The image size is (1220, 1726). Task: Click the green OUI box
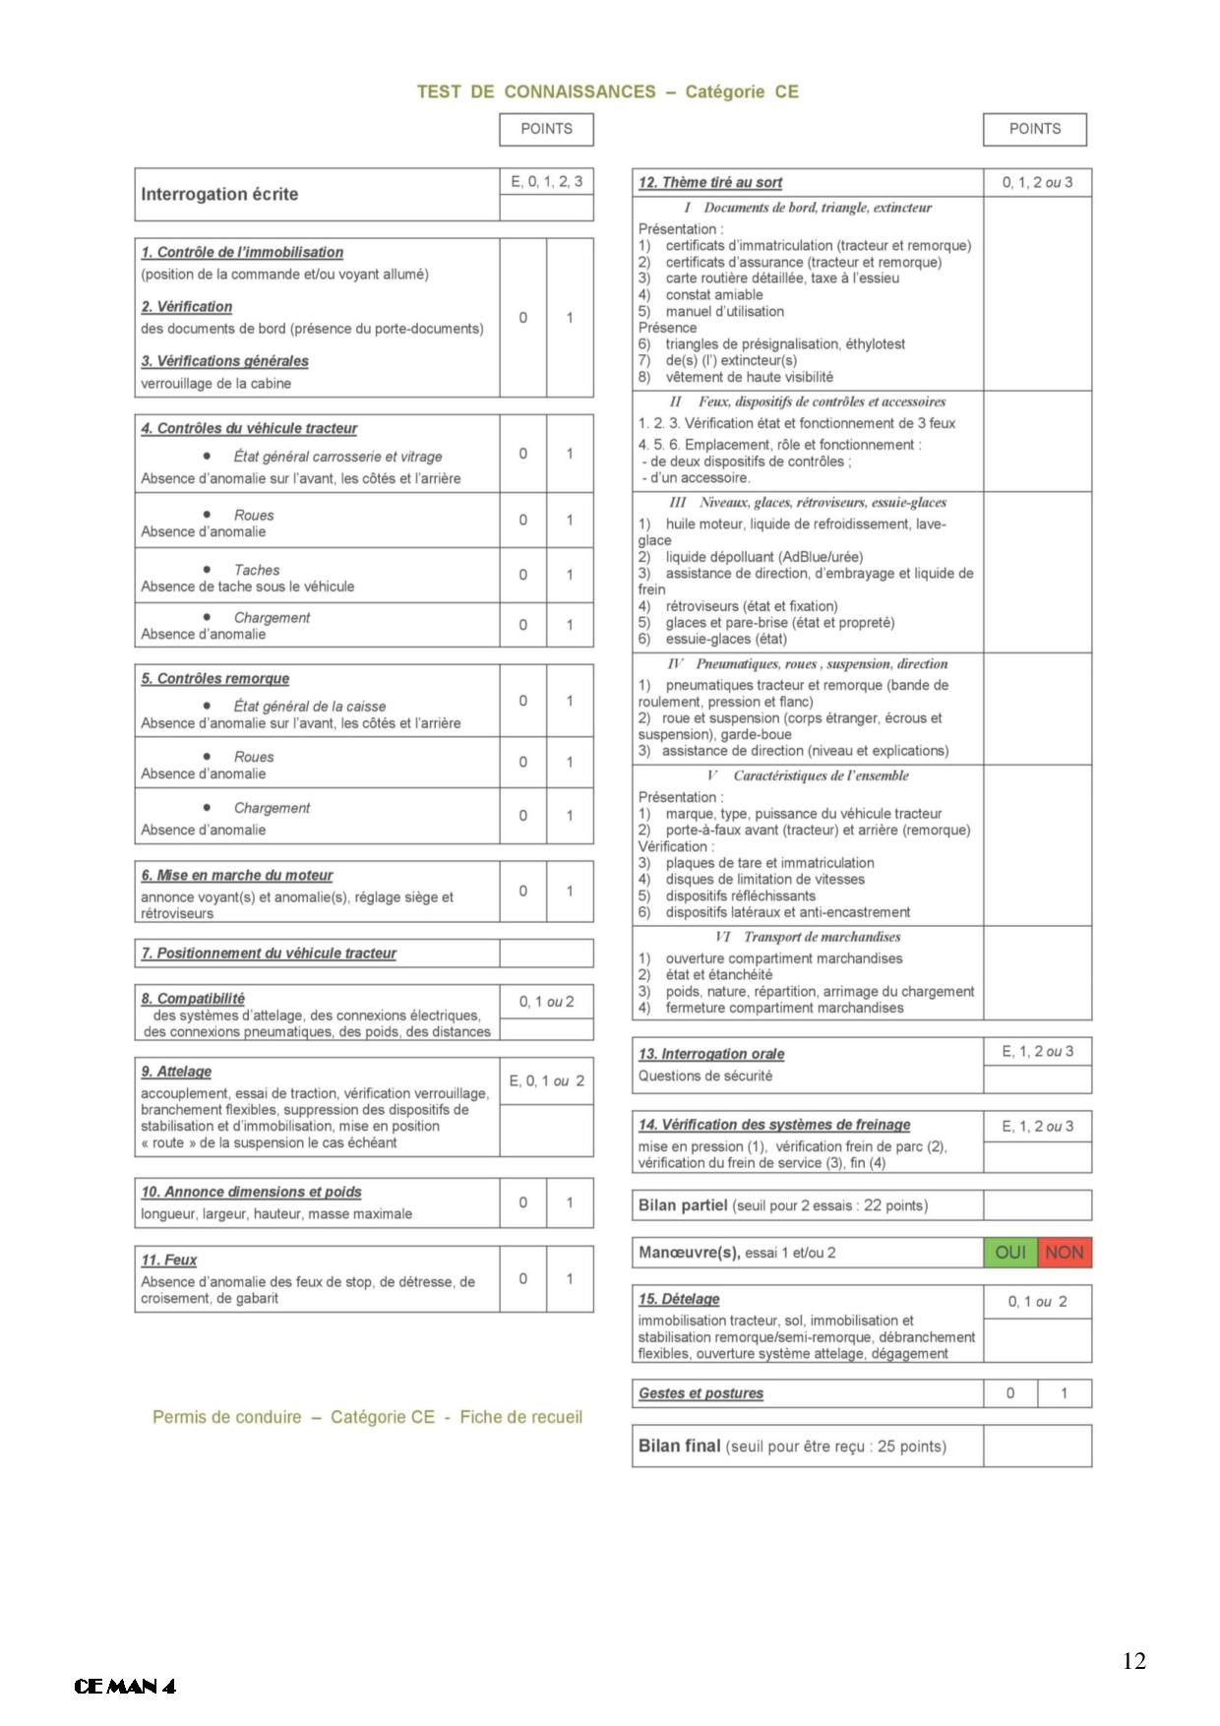point(1010,1253)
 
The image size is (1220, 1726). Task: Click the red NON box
point(1065,1253)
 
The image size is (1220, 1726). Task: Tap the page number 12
point(1133,1661)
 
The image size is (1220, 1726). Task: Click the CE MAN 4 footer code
point(125,1687)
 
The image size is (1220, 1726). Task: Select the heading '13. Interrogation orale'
point(711,1054)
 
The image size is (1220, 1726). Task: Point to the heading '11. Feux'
point(168,1260)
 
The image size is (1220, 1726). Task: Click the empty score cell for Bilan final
point(1037,1447)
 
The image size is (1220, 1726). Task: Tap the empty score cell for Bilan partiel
point(1037,1205)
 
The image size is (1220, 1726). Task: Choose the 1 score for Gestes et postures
point(1064,1393)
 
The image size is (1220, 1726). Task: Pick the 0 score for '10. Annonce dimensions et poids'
point(522,1202)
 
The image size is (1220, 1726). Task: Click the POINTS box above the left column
point(546,129)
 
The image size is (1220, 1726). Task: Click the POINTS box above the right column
point(1035,129)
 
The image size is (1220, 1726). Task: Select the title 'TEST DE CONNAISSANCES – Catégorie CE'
point(608,92)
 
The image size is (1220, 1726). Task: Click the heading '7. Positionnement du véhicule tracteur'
point(269,954)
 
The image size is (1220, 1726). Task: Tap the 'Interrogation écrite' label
point(219,194)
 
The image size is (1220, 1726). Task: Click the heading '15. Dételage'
point(679,1299)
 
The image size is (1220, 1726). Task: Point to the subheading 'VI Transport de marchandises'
point(808,937)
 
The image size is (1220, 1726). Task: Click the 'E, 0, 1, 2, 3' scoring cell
point(546,181)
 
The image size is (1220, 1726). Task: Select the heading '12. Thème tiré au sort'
point(710,182)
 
